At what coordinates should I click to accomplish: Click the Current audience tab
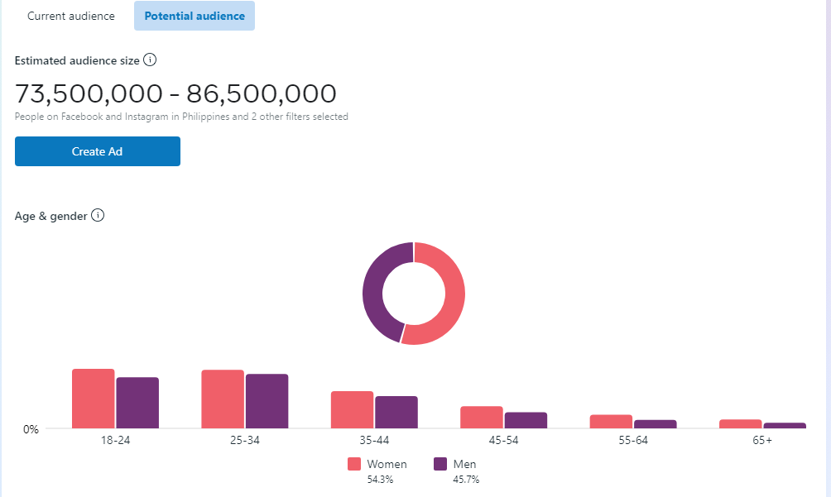[x=71, y=17]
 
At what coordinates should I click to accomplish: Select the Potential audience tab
[x=195, y=17]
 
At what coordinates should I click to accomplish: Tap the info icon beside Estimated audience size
[x=150, y=60]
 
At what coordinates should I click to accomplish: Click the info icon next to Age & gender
[x=98, y=216]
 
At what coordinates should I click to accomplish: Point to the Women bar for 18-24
[x=94, y=399]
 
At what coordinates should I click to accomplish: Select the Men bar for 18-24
[x=137, y=403]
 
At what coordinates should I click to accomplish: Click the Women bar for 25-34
[x=223, y=399]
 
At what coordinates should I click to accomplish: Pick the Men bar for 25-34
[x=267, y=401]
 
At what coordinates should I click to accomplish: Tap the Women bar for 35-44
[x=353, y=409]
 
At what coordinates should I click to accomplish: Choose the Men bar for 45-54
[x=526, y=420]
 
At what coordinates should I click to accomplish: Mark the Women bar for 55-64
[x=611, y=422]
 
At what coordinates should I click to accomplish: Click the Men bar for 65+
[x=784, y=425]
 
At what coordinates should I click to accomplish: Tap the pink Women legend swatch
[x=354, y=464]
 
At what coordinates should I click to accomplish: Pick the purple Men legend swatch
[x=440, y=464]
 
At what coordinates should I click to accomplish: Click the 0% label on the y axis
[x=31, y=429]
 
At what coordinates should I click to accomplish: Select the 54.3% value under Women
[x=380, y=480]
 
